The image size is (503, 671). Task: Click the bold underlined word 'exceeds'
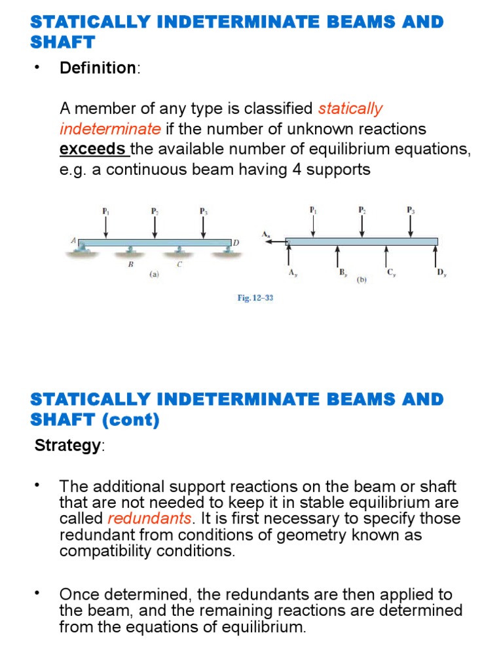93,149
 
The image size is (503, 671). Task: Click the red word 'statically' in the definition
351,108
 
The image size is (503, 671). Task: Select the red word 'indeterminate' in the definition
110,128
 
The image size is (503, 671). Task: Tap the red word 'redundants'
149,518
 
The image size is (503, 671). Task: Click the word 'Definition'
97,67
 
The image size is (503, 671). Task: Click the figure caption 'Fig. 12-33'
255,298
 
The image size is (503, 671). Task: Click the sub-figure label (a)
154,275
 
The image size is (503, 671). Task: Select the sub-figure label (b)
361,280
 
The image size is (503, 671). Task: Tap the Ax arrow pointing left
275,242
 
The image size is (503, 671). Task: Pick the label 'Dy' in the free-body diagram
442,274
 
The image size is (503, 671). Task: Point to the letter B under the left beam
131,265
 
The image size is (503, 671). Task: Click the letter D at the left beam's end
236,242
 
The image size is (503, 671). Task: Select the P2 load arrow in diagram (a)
155,227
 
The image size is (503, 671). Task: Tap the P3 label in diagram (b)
411,210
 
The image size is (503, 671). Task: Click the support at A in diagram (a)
82,248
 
